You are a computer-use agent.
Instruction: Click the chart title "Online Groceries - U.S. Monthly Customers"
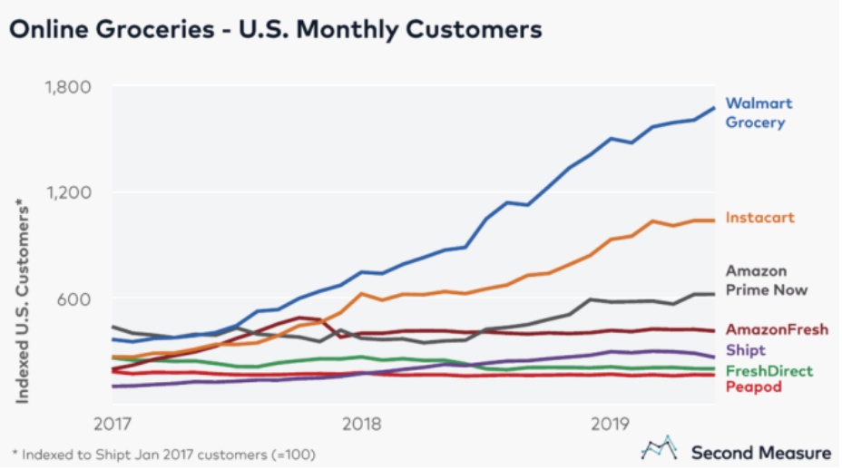(x=276, y=29)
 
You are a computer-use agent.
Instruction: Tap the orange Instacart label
(x=760, y=218)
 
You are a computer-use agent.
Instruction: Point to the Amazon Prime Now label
(x=766, y=279)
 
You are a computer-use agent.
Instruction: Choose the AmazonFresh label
(x=777, y=329)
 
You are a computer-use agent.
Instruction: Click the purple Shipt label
(x=746, y=350)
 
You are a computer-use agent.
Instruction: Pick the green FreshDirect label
(x=769, y=371)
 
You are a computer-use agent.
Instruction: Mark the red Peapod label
(x=753, y=387)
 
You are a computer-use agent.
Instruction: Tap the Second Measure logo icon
(x=660, y=449)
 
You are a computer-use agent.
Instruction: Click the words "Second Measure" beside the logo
(x=761, y=452)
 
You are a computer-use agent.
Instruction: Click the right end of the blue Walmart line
(x=714, y=108)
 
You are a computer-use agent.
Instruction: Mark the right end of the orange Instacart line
(x=714, y=220)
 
